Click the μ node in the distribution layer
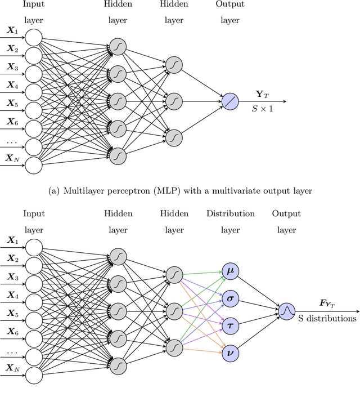click(230, 271)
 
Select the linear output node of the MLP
click(230, 101)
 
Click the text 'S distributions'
click(327, 318)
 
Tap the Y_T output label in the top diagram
click(262, 94)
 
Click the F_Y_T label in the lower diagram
click(327, 304)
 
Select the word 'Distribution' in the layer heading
click(230, 214)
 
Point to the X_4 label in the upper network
click(12, 85)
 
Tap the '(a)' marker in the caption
click(56, 191)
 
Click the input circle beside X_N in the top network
click(34, 165)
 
